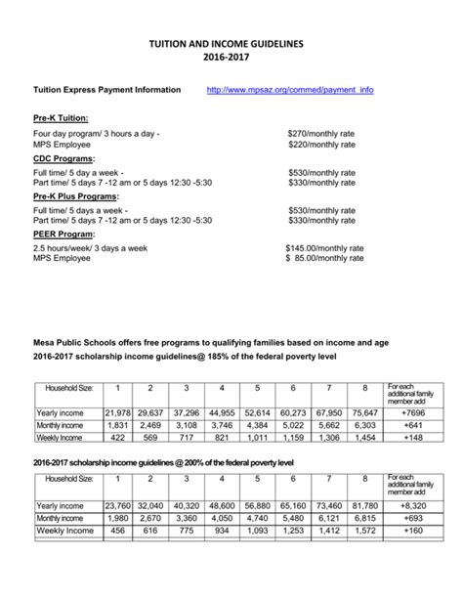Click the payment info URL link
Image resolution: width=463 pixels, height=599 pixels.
click(290, 90)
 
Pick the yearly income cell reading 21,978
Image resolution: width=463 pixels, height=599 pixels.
click(117, 412)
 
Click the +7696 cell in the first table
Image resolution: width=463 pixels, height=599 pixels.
click(408, 412)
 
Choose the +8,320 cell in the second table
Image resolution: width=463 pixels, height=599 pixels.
click(408, 505)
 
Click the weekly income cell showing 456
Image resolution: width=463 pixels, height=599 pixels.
click(117, 531)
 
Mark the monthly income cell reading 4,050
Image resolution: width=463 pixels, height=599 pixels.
click(223, 518)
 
